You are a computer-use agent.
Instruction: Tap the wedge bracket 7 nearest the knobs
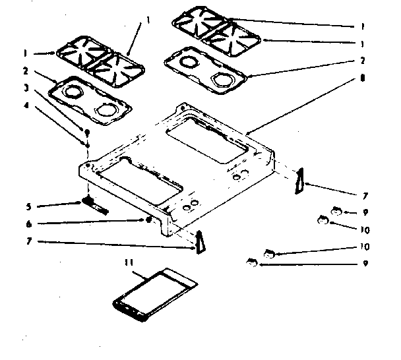(x=300, y=181)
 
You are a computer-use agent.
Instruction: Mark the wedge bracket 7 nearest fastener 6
(x=199, y=241)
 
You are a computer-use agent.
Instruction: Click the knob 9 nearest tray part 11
(x=251, y=263)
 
